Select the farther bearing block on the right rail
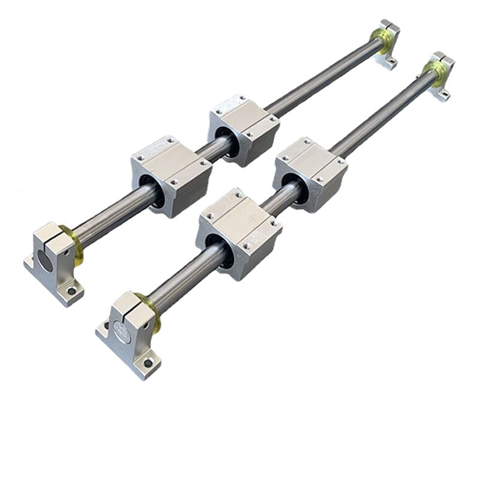click(310, 174)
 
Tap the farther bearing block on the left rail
click(243, 129)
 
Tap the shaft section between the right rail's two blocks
click(277, 201)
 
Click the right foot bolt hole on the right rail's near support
click(147, 363)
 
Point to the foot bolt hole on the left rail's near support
click(72, 292)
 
